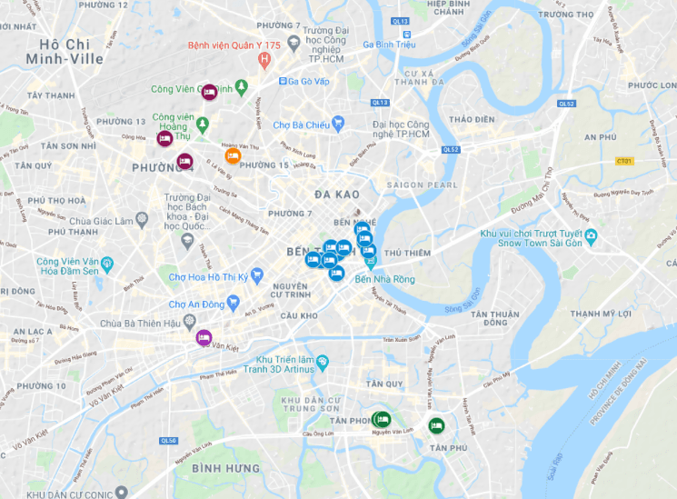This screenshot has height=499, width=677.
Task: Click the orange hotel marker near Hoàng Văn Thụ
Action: pyautogui.click(x=233, y=155)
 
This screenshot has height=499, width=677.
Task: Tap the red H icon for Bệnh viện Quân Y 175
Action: pyautogui.click(x=264, y=61)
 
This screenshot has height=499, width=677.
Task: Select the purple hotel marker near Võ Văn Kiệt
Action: pyautogui.click(x=204, y=338)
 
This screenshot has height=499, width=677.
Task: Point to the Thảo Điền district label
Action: pyautogui.click(x=472, y=119)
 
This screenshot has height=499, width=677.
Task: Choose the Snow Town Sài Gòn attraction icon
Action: pyautogui.click(x=592, y=237)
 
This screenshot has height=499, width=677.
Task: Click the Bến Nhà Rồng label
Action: pyautogui.click(x=385, y=279)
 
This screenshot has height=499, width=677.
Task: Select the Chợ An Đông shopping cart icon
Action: pyautogui.click(x=234, y=303)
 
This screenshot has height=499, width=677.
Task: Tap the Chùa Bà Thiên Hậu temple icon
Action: pyautogui.click(x=189, y=322)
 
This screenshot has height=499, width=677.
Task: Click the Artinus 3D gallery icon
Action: pyautogui.click(x=322, y=364)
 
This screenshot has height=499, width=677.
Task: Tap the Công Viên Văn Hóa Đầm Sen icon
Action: pyautogui.click(x=107, y=264)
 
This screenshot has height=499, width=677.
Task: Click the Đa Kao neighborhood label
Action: pyautogui.click(x=337, y=195)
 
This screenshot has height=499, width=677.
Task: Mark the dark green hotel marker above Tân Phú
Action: pyautogui.click(x=437, y=424)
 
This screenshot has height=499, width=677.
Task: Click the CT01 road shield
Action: pyautogui.click(x=624, y=161)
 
